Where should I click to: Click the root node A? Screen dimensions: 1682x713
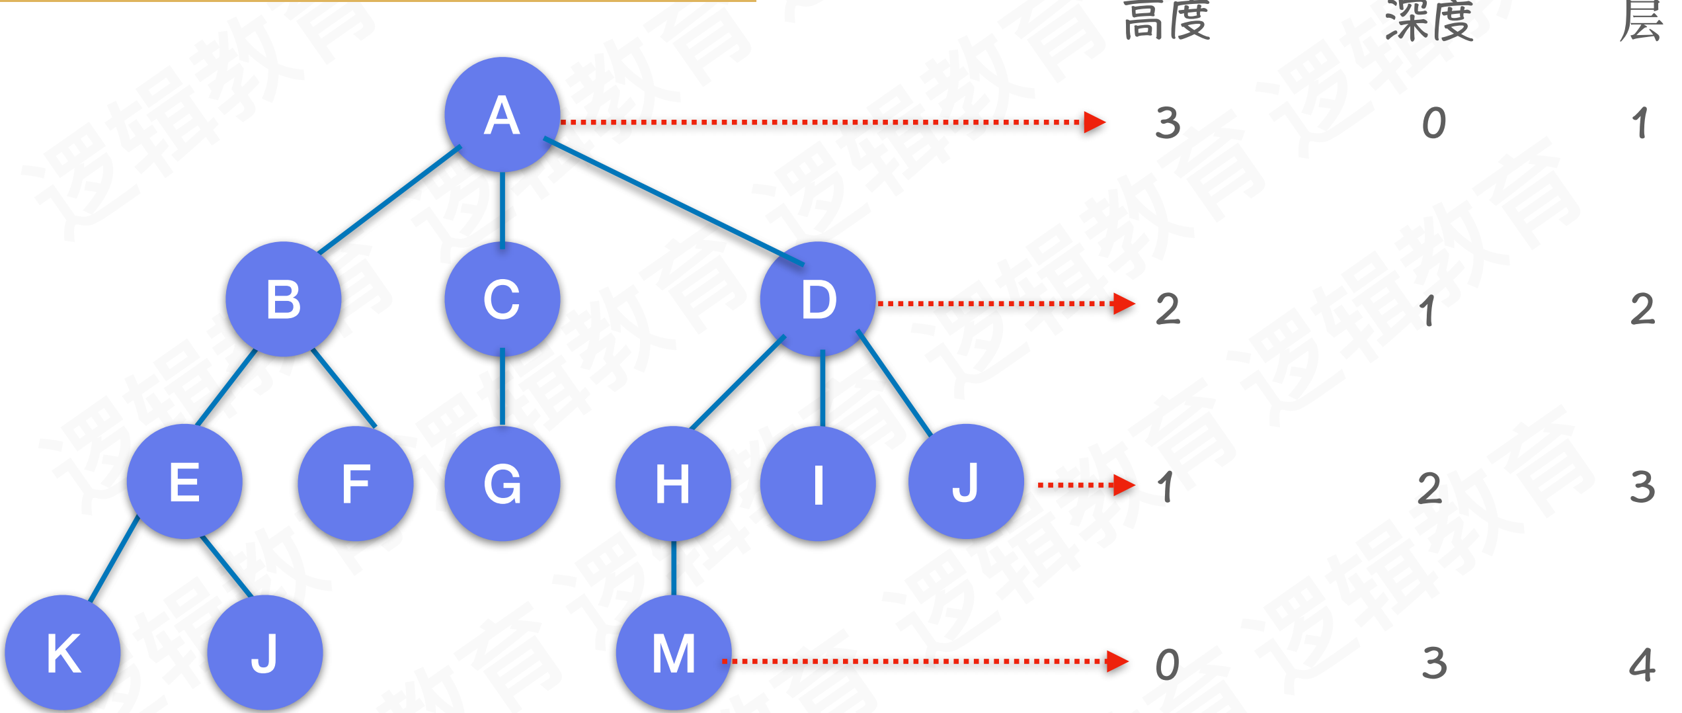(502, 115)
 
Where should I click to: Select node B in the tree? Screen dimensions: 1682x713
(283, 299)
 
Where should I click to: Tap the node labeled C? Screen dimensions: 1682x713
(502, 299)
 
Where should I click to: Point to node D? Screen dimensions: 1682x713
(818, 299)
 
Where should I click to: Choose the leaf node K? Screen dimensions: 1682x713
(63, 653)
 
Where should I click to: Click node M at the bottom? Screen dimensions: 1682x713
(673, 653)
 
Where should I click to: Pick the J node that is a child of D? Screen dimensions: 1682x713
(966, 482)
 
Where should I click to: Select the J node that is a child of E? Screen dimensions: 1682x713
(264, 653)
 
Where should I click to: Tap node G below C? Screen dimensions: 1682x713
(502, 483)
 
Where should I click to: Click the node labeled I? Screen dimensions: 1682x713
(818, 483)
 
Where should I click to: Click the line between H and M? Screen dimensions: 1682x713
(673, 567)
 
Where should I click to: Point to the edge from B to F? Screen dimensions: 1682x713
(344, 388)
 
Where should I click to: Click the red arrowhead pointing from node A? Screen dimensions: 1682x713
(1094, 122)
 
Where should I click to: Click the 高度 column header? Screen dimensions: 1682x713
(1167, 21)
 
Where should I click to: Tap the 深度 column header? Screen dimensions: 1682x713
(1429, 21)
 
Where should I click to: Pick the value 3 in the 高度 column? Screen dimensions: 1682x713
(1168, 124)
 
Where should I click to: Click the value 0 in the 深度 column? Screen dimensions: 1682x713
(1434, 124)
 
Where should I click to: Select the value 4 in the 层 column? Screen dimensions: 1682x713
(1642, 665)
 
